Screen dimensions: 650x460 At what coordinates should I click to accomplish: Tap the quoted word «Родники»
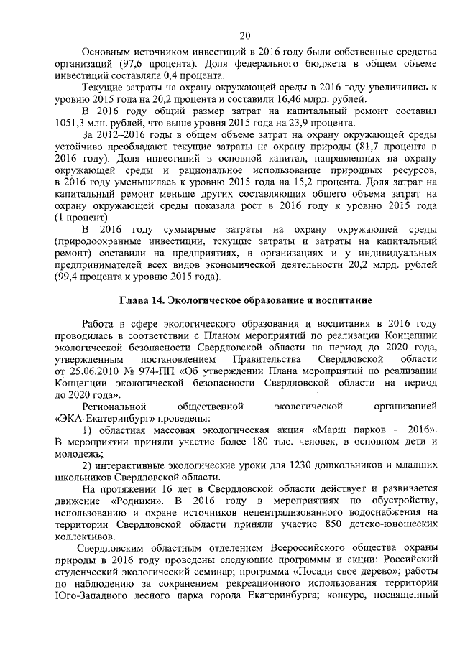click(133, 500)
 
